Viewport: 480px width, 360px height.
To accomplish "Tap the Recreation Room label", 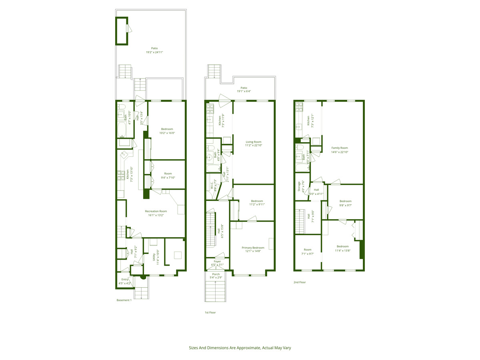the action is tap(156, 213).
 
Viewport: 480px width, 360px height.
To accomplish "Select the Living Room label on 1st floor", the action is tap(253, 144).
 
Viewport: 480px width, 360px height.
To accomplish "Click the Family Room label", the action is tap(340, 150).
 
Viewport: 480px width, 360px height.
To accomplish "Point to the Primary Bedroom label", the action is tap(253, 249).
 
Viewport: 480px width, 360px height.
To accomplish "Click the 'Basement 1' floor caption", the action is tap(124, 300).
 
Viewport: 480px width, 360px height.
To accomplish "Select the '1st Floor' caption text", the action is tap(210, 312).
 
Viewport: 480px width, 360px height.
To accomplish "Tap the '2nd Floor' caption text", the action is tap(300, 282).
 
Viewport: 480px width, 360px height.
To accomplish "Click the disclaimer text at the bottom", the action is tap(240, 348).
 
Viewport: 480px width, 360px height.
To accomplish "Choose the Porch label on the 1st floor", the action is tap(216, 276).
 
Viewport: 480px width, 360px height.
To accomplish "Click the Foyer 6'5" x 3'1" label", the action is tap(217, 263).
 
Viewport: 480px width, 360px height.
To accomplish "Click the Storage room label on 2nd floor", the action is tap(301, 187).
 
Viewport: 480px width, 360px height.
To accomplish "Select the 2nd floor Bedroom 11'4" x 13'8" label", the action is tap(342, 248).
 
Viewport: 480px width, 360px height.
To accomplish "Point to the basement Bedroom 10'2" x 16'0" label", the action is tap(167, 131).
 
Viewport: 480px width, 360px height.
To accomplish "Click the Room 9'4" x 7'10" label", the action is tap(168, 176).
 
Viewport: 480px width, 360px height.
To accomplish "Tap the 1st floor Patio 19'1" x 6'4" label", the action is tap(244, 89).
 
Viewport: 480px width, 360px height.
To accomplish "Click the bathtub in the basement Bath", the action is tap(122, 130).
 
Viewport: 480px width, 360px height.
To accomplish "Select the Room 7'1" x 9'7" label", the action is tap(307, 251).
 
